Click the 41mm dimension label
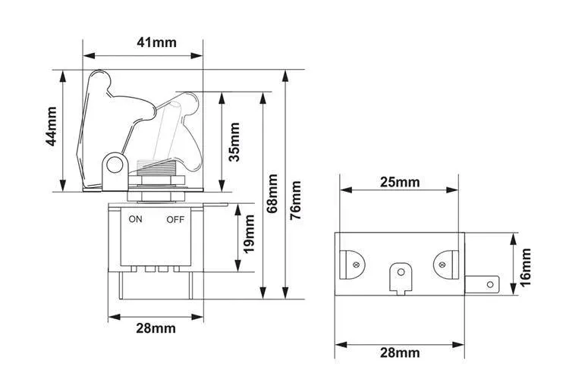pos(157,42)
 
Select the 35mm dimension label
pos(234,142)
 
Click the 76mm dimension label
pos(297,200)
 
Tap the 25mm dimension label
pos(399,183)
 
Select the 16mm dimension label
pos(526,265)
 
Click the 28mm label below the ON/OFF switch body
pos(156,328)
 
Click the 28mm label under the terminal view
pos(399,352)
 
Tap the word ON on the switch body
pos(136,220)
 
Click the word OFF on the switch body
pos(175,220)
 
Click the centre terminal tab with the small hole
pos(399,274)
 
